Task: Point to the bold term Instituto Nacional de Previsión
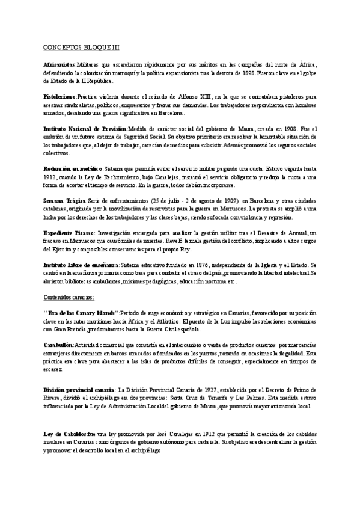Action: tap(85, 129)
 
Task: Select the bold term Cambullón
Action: tap(58, 345)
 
